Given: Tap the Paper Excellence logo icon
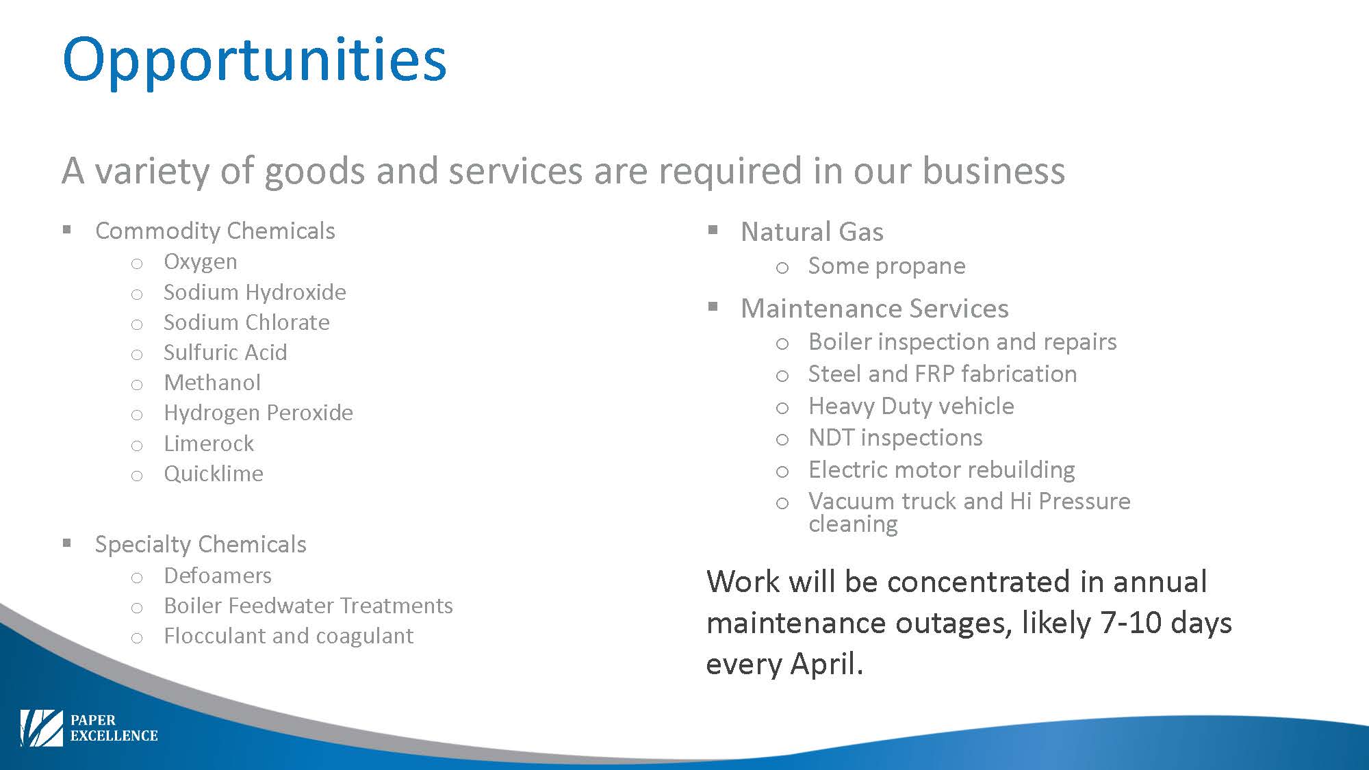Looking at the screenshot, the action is point(42,728).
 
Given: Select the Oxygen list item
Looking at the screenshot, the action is point(201,262).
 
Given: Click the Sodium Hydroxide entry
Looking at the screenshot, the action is point(255,292).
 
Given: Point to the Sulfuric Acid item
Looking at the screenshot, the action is point(225,352).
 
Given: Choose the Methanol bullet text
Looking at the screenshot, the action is point(212,383).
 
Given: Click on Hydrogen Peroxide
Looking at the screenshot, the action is point(258,413).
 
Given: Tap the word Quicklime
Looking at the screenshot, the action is point(214,474).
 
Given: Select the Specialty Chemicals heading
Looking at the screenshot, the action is point(201,545).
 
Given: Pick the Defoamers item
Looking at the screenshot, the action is point(218,576).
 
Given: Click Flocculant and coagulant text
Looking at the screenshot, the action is point(288,636).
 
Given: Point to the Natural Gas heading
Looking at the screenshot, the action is point(812,232).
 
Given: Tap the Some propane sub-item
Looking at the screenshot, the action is point(886,266).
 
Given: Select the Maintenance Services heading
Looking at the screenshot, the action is point(874,309).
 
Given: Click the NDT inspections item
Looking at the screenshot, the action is point(895,437).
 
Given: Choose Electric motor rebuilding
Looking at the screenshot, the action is point(941,470).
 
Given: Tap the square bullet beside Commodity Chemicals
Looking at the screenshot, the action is point(66,229).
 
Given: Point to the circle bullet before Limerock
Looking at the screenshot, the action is point(137,446).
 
